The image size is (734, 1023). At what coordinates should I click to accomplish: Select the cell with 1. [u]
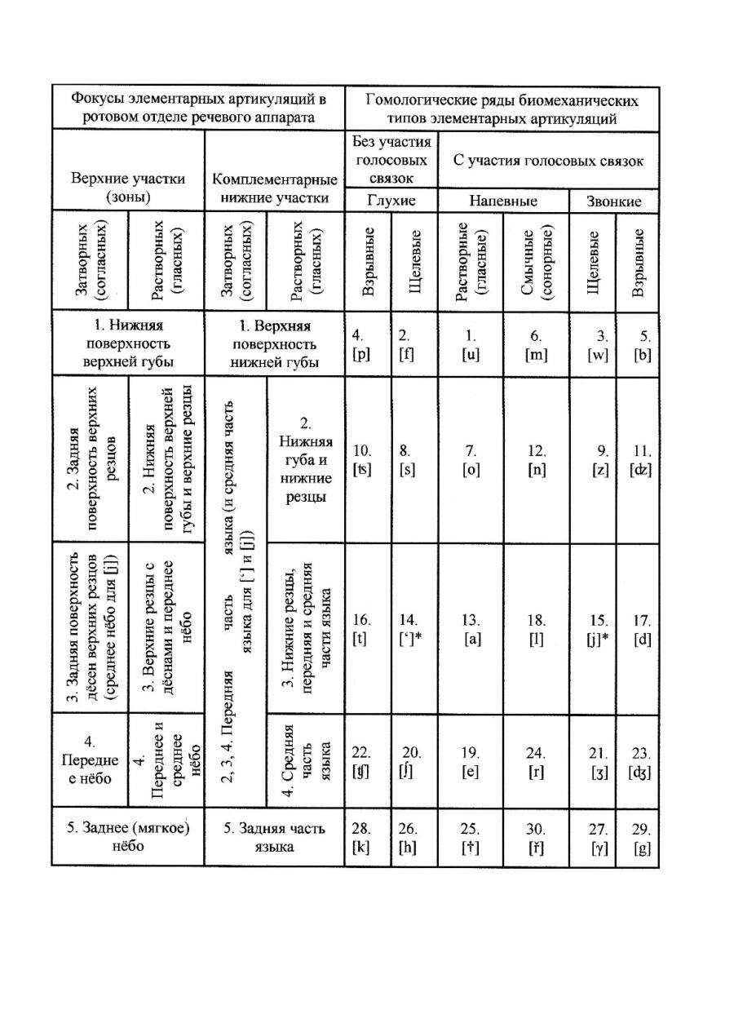click(471, 343)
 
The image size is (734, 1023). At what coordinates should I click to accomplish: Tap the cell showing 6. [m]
click(536, 343)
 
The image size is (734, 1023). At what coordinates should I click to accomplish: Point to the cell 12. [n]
click(536, 458)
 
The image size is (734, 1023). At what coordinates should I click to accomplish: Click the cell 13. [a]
click(471, 629)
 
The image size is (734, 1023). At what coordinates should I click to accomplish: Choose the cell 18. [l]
click(536, 629)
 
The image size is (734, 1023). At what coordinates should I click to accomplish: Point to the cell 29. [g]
click(641, 835)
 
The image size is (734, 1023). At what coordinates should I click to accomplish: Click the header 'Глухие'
click(391, 201)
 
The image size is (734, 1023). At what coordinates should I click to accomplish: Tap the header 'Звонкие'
click(614, 201)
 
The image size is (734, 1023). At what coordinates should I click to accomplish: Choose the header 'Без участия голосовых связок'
click(391, 159)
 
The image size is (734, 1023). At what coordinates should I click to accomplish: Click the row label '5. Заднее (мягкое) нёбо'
click(128, 835)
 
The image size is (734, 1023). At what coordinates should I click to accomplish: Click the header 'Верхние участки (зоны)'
click(128, 188)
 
